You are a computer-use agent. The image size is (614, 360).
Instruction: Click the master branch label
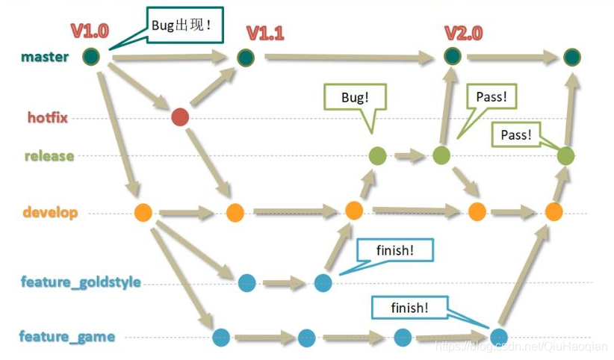(x=46, y=57)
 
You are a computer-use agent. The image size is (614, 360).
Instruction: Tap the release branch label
(x=49, y=156)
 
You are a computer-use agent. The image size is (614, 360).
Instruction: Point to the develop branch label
(x=50, y=213)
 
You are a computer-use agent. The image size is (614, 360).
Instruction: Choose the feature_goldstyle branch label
(x=81, y=282)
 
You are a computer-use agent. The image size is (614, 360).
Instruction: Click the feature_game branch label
(x=67, y=336)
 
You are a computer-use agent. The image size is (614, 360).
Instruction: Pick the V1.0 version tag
(x=90, y=31)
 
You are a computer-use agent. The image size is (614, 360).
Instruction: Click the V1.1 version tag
(x=267, y=33)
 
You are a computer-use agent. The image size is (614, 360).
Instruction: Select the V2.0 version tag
(x=463, y=33)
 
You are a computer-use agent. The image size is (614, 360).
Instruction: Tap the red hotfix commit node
(x=179, y=117)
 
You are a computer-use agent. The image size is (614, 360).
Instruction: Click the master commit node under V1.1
(x=246, y=57)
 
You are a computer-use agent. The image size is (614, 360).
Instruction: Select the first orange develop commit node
(x=143, y=212)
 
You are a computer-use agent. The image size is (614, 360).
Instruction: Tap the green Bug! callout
(x=355, y=98)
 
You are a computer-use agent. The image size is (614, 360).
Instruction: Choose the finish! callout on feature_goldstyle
(x=396, y=251)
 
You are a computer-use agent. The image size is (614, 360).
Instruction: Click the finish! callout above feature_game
(x=409, y=307)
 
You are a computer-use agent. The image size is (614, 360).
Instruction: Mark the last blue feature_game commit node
(x=499, y=337)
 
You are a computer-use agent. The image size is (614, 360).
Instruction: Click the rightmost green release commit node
(x=565, y=155)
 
